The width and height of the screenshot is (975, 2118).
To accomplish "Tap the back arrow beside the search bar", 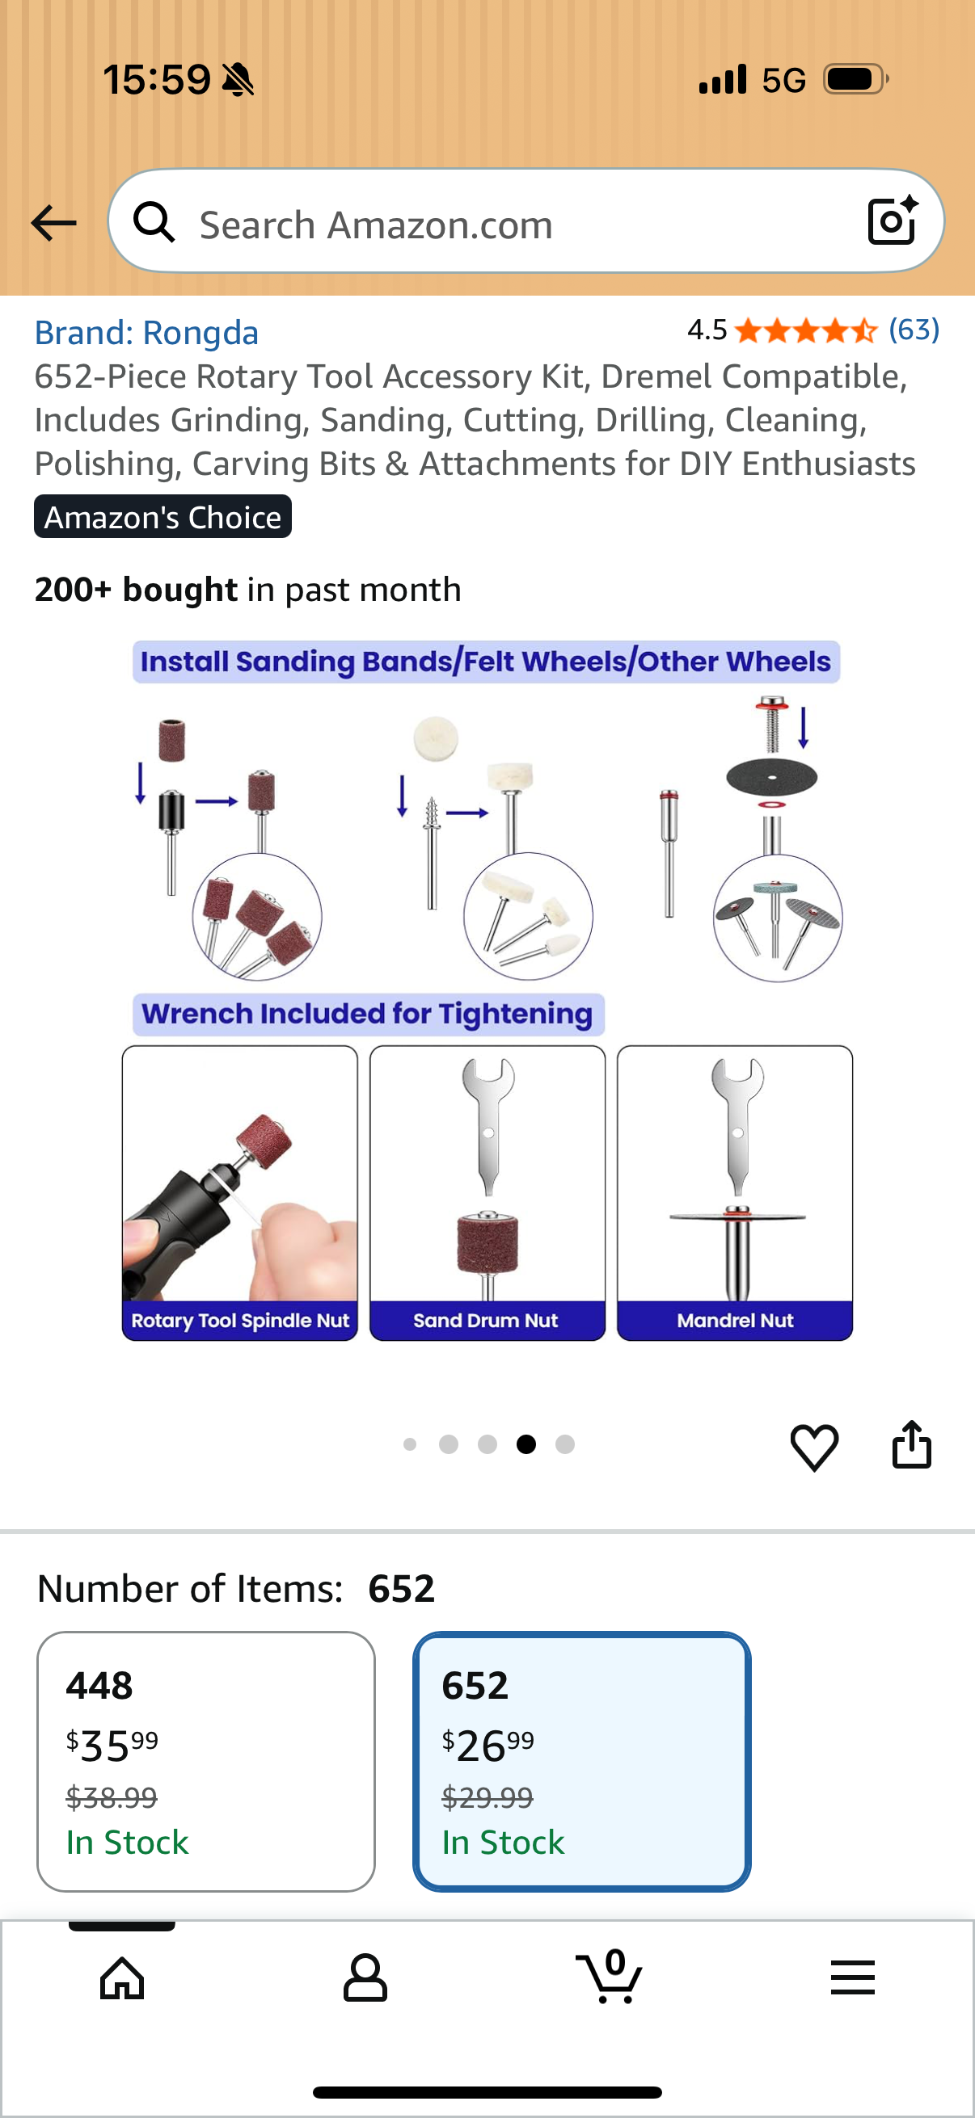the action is tap(53, 223).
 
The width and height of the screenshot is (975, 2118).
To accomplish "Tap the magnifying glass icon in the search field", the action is tap(154, 222).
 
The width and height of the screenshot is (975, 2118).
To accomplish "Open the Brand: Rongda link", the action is tap(146, 333).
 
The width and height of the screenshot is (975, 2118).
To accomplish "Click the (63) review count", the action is tap(914, 330).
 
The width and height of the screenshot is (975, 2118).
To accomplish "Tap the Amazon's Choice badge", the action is tap(163, 516).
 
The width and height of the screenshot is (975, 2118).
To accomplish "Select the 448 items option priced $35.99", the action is tap(205, 1761).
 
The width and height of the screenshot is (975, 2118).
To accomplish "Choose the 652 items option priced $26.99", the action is tap(582, 1761).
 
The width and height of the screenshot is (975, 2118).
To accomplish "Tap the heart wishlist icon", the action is tap(815, 1446).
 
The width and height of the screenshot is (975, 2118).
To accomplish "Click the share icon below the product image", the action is tap(912, 1444).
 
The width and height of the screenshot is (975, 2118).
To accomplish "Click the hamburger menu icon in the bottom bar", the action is tap(852, 1977).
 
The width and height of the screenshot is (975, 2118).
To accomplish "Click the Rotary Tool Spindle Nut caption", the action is tap(240, 1321).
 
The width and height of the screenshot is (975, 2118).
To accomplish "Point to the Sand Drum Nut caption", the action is tap(485, 1321).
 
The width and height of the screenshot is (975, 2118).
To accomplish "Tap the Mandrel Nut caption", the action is tap(735, 1321).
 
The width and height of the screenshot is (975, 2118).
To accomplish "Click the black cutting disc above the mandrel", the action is tap(772, 775).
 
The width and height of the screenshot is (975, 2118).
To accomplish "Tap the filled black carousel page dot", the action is tap(526, 1444).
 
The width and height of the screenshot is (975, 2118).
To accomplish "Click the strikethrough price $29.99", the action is tap(487, 1797).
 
